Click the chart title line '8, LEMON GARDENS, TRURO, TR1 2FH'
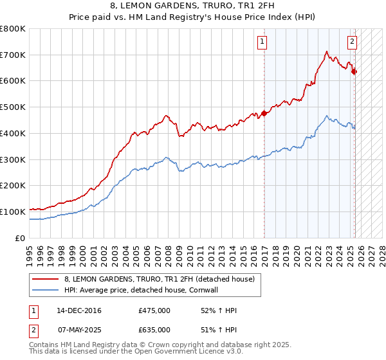click(x=192, y=6)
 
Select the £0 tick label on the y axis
click(x=20, y=238)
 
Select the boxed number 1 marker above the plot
click(x=263, y=42)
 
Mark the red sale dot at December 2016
click(x=264, y=114)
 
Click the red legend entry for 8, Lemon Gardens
click(x=160, y=279)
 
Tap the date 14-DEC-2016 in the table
click(x=79, y=310)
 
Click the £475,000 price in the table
click(x=154, y=310)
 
